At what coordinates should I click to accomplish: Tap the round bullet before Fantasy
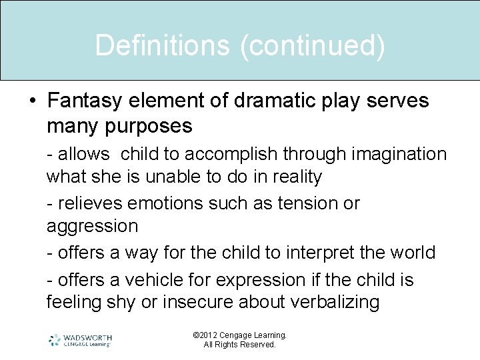click(x=33, y=101)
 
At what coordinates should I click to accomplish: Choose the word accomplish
click(x=231, y=154)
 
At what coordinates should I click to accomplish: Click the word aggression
click(x=92, y=226)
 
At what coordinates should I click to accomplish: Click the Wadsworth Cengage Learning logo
click(x=80, y=340)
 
